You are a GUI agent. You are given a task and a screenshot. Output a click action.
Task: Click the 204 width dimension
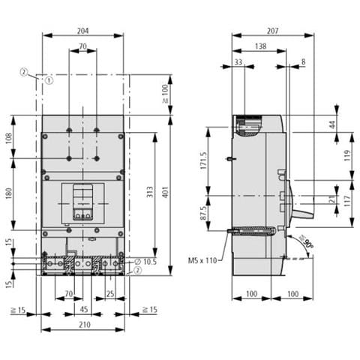pos(82,30)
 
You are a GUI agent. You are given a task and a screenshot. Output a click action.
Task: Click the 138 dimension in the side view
pos(259,46)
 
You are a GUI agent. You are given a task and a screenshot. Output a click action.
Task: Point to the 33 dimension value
pos(238,62)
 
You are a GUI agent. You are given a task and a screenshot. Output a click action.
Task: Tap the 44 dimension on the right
pos(332,124)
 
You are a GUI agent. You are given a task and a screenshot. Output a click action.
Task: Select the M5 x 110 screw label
pos(203,261)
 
